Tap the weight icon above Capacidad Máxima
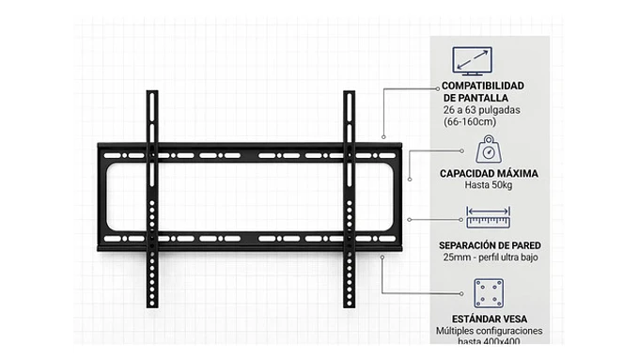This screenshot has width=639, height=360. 488,149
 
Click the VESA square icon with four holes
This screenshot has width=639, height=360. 488,292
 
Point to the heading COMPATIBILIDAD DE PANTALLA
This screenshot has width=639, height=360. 482,91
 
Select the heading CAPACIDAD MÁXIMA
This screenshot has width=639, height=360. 488,173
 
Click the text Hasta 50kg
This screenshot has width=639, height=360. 488,185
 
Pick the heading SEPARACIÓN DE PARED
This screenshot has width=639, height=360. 488,245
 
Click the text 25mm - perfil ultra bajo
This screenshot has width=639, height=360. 488,258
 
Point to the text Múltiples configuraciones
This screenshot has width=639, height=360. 489,332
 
